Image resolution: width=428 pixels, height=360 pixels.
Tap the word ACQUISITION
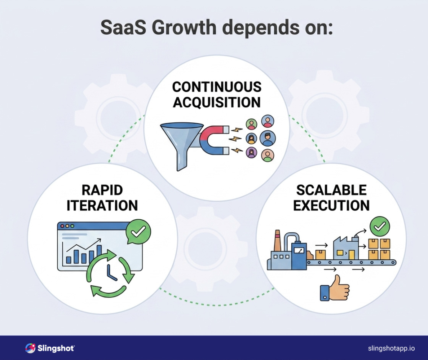[x=217, y=102]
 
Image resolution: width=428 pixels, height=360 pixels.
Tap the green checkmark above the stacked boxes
[x=380, y=227]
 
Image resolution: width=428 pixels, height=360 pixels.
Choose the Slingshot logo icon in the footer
[x=30, y=348]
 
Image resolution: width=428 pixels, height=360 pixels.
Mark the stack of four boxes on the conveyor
[x=379, y=249]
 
